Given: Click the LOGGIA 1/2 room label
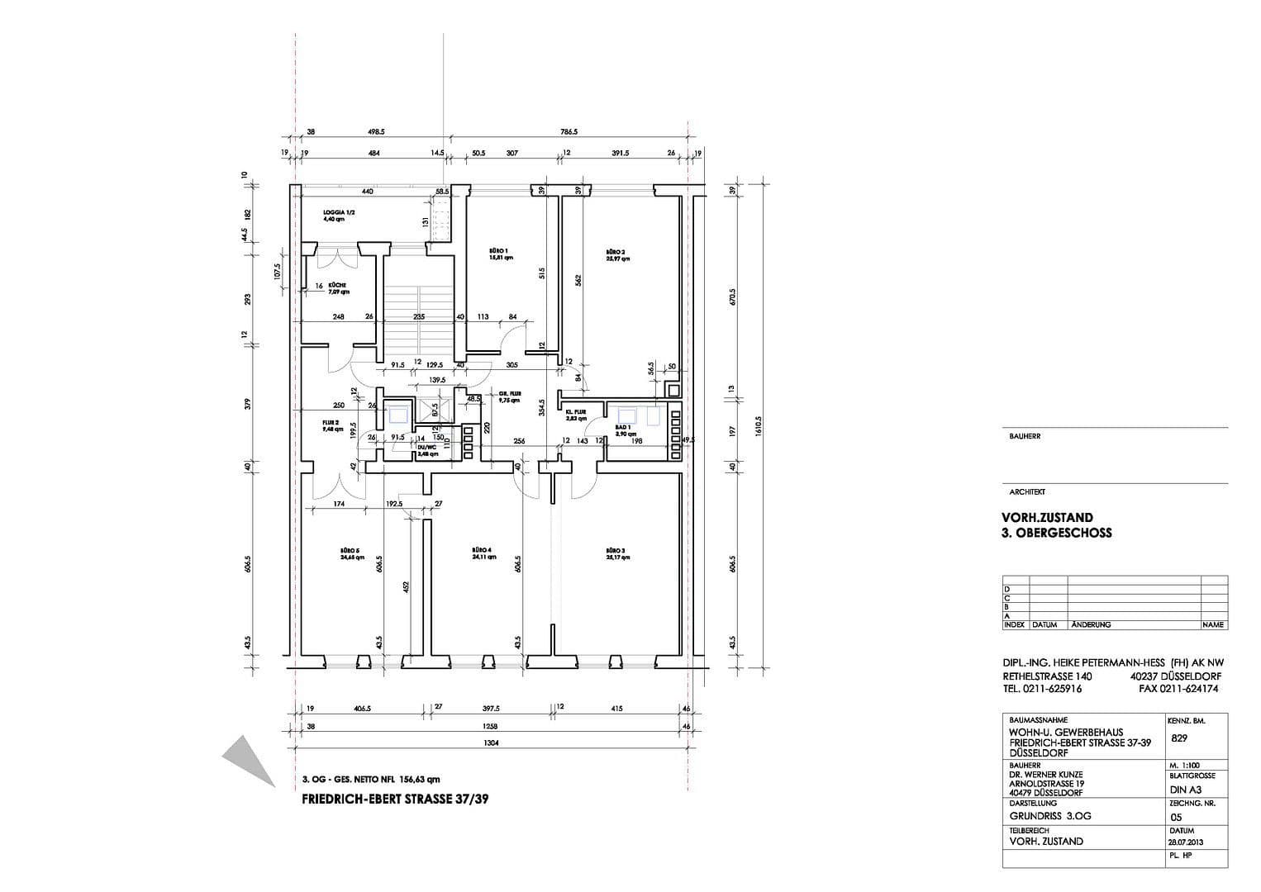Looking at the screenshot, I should (x=339, y=213).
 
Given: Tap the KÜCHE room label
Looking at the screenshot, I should (x=336, y=285).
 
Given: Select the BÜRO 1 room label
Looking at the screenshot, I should (x=500, y=250).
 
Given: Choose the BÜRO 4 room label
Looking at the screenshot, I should (x=483, y=550).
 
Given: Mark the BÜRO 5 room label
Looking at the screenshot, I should (x=350, y=550).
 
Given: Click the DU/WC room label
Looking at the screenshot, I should (x=427, y=447).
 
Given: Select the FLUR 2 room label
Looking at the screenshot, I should (x=331, y=423).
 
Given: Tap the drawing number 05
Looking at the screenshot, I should (x=1177, y=817).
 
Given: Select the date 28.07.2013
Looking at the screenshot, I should (x=1187, y=842).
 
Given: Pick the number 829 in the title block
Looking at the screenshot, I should (x=1179, y=738).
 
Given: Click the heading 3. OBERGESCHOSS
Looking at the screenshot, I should (x=1056, y=533).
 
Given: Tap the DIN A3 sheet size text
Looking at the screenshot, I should (x=1185, y=790).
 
